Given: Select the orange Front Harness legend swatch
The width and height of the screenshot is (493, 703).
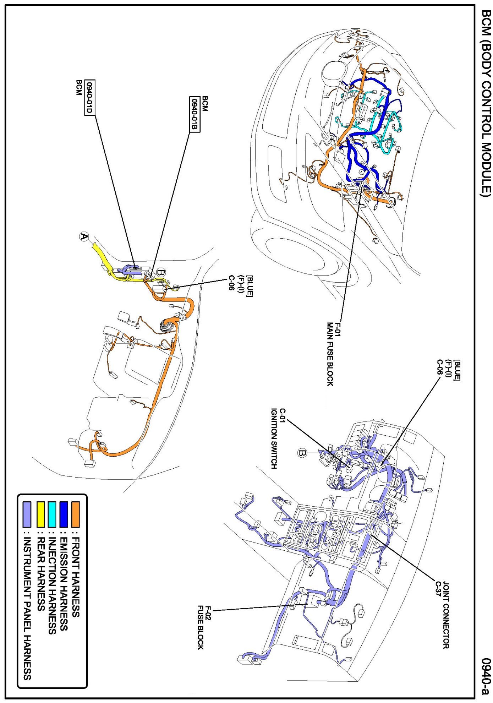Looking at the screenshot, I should [x=75, y=514].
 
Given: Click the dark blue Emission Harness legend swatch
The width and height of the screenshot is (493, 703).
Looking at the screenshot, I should [x=64, y=514].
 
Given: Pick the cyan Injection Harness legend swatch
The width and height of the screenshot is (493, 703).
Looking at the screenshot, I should [x=52, y=514].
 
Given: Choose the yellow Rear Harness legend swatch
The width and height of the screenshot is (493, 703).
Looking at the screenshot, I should [x=40, y=514].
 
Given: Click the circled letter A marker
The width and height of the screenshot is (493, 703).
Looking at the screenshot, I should [x=84, y=237].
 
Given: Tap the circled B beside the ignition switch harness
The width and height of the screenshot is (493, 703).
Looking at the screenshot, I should [x=302, y=453].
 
